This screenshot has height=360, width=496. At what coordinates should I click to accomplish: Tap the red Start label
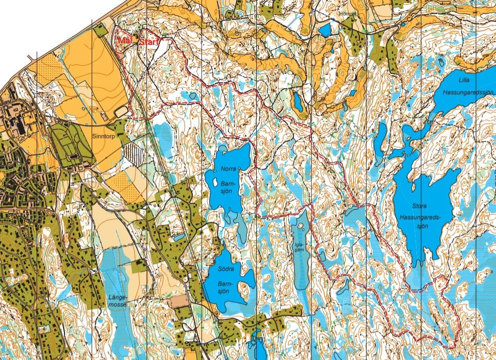click(150, 41)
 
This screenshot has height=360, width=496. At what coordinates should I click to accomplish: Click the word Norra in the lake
click(227, 169)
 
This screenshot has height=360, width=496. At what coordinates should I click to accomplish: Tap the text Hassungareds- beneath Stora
click(420, 217)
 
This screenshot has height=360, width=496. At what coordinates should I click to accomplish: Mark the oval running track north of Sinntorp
click(121, 111)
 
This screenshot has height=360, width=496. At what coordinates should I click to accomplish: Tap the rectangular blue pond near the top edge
click(325, 30)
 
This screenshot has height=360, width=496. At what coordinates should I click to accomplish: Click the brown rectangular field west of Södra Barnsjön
click(180, 300)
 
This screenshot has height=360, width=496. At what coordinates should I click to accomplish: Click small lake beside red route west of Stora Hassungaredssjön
click(355, 212)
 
